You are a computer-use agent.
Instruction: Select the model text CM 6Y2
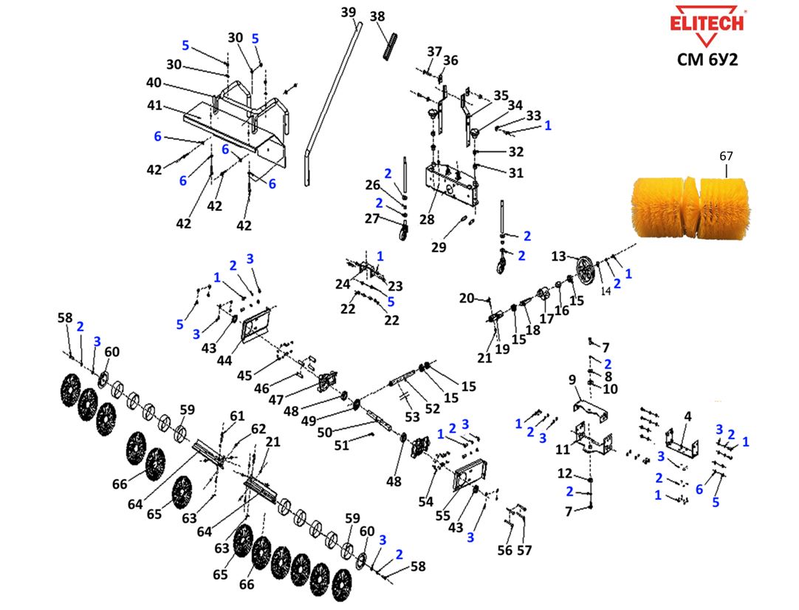707,60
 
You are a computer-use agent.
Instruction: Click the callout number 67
726,156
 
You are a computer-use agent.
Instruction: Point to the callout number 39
349,12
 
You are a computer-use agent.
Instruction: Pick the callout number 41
154,105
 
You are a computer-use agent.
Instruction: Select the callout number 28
427,219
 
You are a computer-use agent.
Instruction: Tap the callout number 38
377,16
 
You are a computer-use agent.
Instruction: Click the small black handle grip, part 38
391,45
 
